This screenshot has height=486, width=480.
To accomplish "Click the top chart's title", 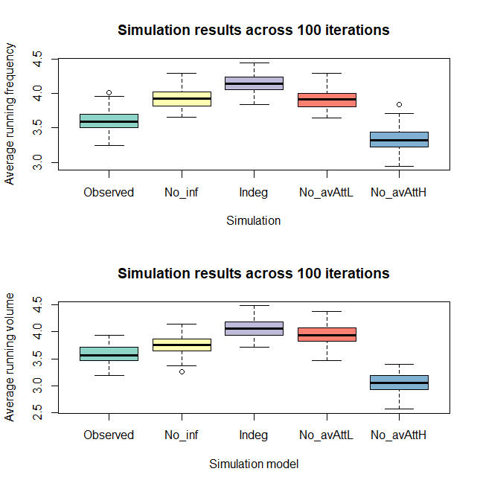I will (x=253, y=31).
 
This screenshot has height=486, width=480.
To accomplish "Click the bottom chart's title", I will (x=253, y=274).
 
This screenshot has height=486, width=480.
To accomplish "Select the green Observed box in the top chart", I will (x=109, y=121).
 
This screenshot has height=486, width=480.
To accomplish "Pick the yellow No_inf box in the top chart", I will (x=182, y=99).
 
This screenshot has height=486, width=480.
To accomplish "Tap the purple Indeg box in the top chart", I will (x=254, y=83).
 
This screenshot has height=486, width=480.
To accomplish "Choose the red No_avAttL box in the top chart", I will (x=327, y=100).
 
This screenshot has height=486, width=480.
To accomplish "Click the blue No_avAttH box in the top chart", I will (x=399, y=139).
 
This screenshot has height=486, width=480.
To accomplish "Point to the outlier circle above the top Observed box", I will (x=109, y=93).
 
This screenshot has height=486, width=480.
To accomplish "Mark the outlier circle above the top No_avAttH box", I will (x=399, y=104).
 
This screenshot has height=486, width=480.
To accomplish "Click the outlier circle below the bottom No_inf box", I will (x=182, y=371).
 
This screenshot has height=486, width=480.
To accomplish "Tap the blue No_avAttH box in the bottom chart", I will (x=399, y=383).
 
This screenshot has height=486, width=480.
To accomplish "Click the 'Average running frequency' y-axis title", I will (x=10, y=114).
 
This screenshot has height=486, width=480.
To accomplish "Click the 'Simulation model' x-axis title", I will (x=253, y=464).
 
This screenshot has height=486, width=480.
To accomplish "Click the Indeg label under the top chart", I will (x=254, y=192).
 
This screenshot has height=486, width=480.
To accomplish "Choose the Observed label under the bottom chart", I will (x=109, y=435).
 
